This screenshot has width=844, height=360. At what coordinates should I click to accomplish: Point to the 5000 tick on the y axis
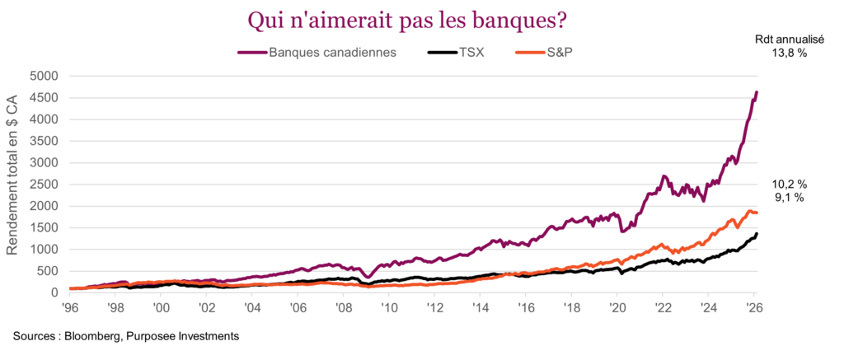44,76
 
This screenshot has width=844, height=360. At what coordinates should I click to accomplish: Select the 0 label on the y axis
54,292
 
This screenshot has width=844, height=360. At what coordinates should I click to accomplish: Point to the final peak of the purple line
757,91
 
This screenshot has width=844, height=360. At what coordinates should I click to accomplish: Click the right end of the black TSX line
757,233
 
